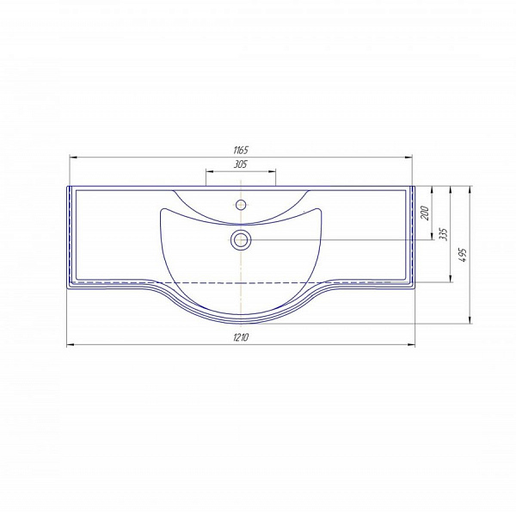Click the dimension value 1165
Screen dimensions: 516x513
pos(241,151)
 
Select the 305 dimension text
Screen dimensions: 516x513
pos(241,164)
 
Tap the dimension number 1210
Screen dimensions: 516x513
pos(241,337)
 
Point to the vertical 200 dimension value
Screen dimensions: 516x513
pos(425,213)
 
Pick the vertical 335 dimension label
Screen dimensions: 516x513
pos(444,234)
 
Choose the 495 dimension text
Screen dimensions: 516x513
pos(463,255)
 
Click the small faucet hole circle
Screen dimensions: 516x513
pos(241,205)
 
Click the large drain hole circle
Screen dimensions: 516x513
pos(241,239)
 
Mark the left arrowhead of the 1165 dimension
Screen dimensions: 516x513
pos(73,158)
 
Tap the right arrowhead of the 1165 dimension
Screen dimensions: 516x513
pos(408,158)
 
